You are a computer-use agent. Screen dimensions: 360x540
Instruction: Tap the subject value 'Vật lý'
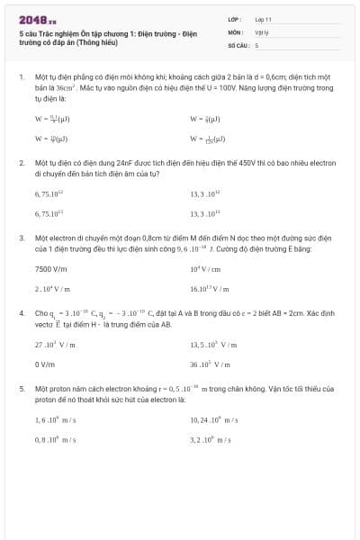pos(261,31)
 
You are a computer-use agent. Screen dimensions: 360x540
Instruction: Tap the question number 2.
pos(22,164)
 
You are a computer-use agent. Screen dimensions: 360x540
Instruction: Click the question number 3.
pos(22,238)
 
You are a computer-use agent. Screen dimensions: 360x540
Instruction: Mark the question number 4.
pos(22,312)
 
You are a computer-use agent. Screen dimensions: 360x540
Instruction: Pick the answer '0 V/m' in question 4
pos(45,364)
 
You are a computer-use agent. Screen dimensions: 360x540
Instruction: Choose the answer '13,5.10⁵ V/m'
pos(213,344)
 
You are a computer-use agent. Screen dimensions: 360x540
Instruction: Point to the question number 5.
pos(22,388)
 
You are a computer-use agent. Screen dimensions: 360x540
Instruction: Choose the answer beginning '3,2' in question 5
pos(212,439)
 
